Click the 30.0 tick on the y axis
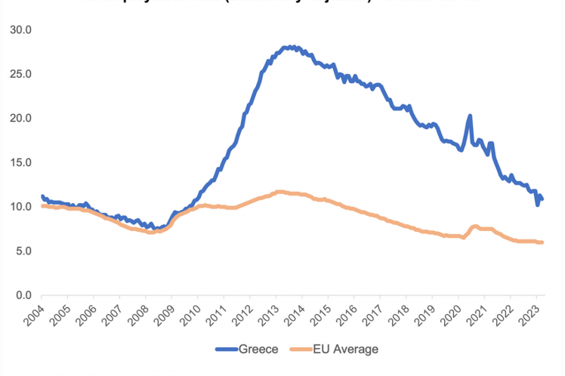point(20,29)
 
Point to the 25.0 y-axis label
point(20,74)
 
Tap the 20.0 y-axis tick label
point(20,118)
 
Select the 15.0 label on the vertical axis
point(20,162)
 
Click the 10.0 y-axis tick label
point(20,206)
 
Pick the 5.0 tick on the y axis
point(23,251)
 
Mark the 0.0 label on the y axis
point(23,295)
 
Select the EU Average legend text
point(350,349)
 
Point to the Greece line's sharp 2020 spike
point(470,116)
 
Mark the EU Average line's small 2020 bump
point(474,226)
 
